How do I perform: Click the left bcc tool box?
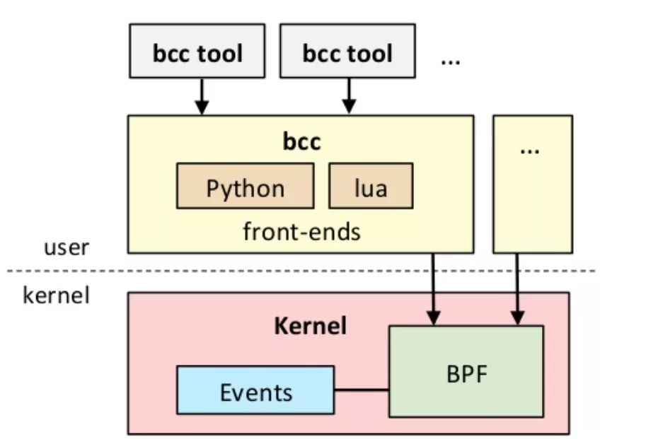[197, 51]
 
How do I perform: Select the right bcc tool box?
[347, 51]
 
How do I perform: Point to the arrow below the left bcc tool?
[202, 95]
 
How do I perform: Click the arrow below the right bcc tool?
[348, 95]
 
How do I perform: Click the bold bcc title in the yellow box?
[301, 141]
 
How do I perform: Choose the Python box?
[245, 186]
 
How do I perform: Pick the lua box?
[370, 186]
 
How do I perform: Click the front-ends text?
[301, 231]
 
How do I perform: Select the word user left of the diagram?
[67, 247]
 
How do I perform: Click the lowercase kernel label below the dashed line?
[57, 294]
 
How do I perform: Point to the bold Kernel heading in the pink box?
[310, 326]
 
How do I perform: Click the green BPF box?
[466, 371]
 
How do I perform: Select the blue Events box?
[255, 390]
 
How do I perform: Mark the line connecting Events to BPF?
[361, 390]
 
